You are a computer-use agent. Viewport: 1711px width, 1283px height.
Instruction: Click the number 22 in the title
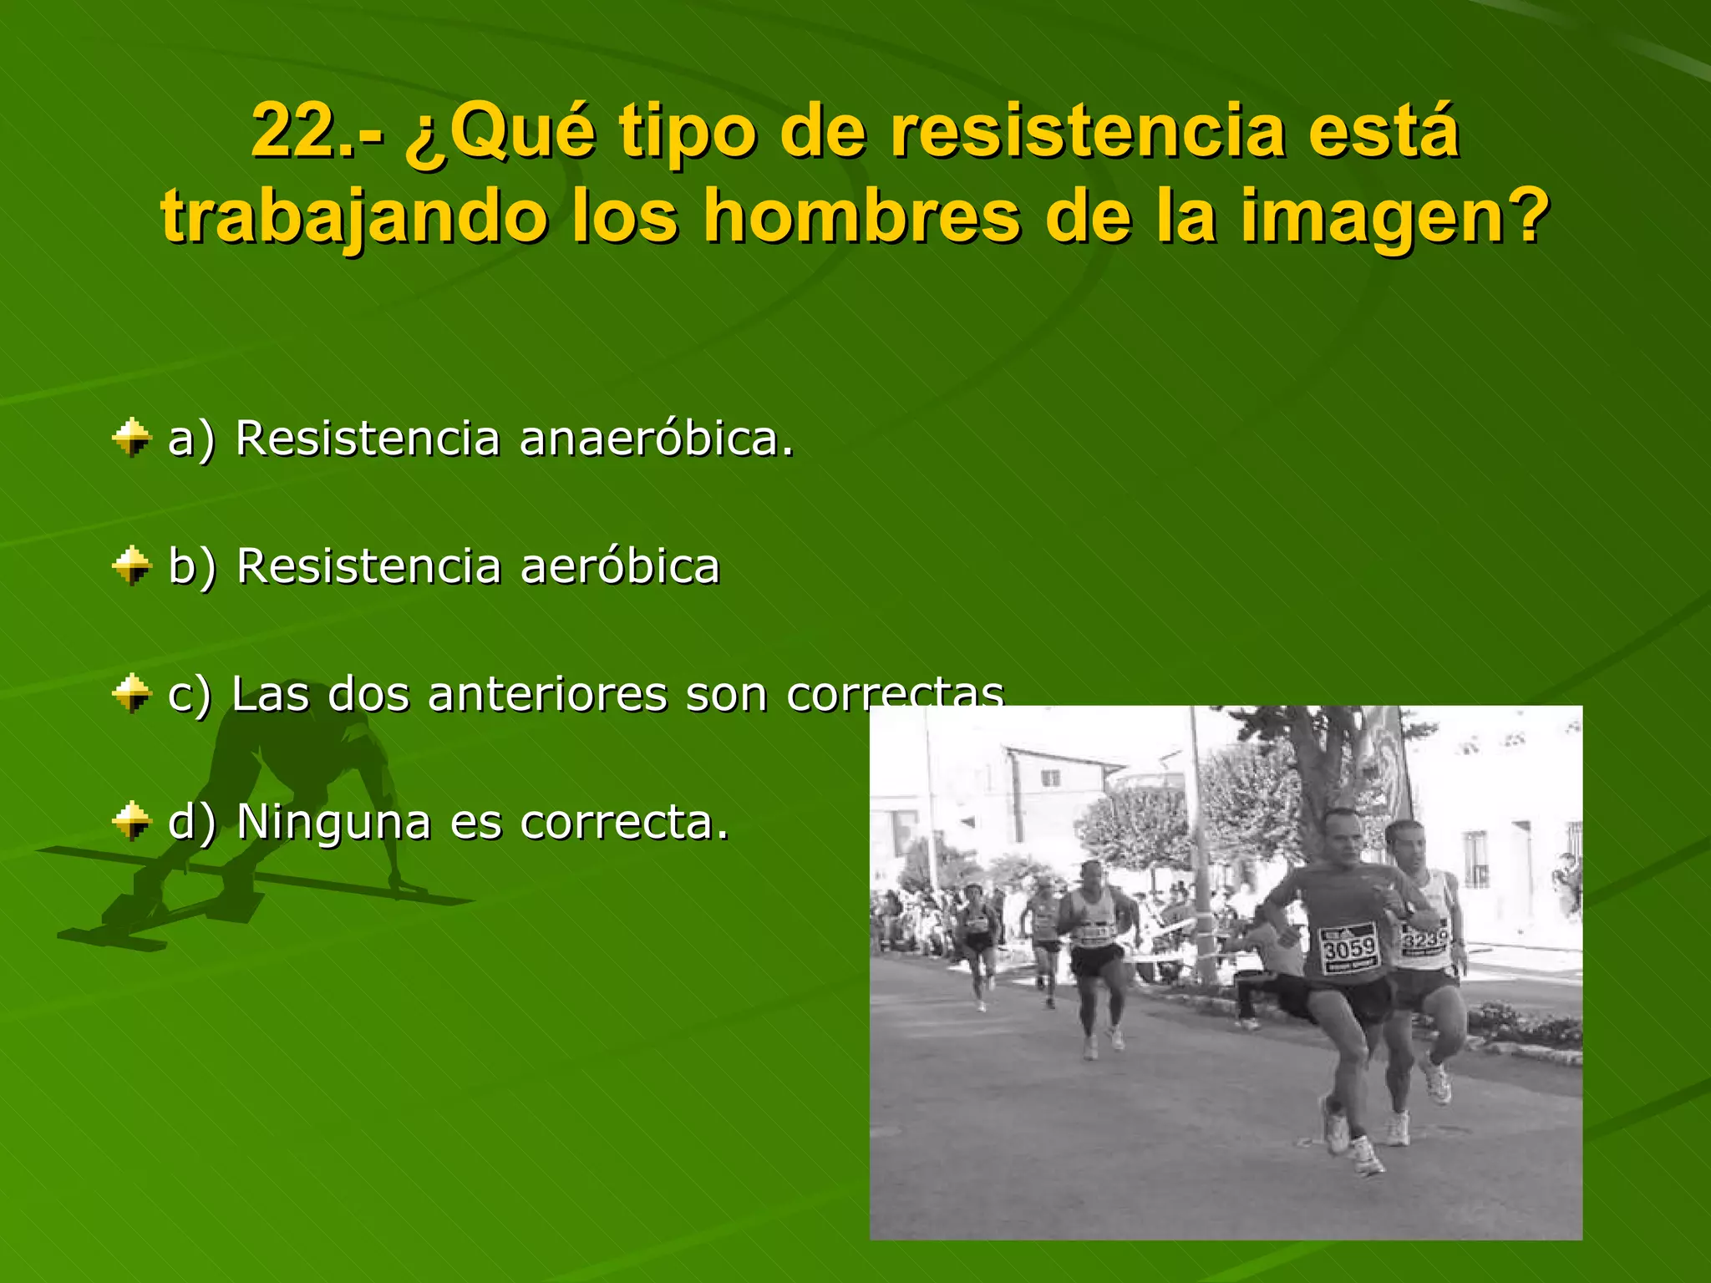pyautogui.click(x=292, y=132)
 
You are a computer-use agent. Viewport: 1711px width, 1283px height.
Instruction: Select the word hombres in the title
pyautogui.click(x=861, y=217)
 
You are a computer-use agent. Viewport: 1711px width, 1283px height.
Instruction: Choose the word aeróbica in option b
pyautogui.click(x=619, y=566)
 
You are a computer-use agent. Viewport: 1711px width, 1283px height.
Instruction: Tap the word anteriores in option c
pyautogui.click(x=546, y=694)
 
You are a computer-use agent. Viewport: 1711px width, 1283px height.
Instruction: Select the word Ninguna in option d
pyautogui.click(x=333, y=822)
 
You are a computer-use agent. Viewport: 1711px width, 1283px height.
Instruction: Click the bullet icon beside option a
pyautogui.click(x=131, y=438)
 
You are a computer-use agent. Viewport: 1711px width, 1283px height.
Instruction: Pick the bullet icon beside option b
pyautogui.click(x=131, y=566)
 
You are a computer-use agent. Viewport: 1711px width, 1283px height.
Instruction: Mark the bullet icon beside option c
pyautogui.click(x=131, y=694)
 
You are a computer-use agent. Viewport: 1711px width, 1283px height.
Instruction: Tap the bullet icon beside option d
pyautogui.click(x=131, y=822)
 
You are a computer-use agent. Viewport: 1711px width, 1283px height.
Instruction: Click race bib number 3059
pyautogui.click(x=1348, y=947)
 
